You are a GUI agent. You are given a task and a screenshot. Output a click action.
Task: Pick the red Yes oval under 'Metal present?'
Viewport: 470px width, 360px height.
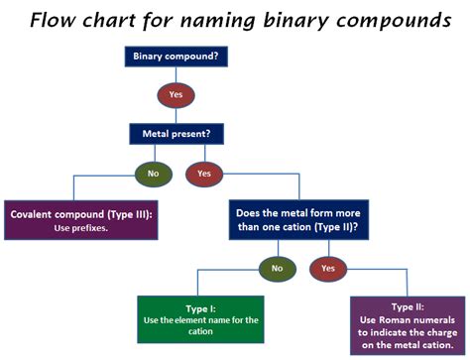point(204,173)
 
